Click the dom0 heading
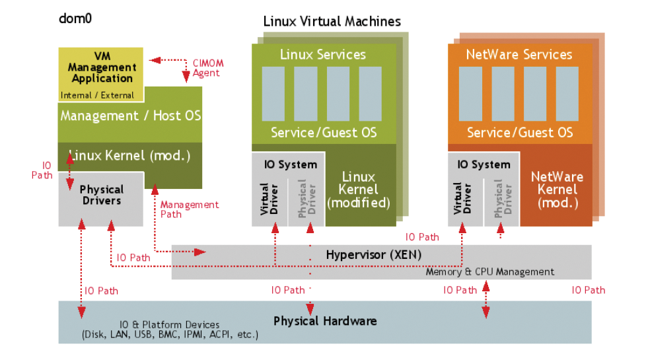pos(75,18)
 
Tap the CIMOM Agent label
pos(208,68)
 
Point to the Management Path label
pos(190,209)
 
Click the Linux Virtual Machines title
pos(332,21)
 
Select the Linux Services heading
pos(323,54)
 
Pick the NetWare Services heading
pos(519,54)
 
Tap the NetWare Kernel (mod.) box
pos(557,190)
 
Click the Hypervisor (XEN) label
pos(373,254)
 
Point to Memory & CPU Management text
pos(489,271)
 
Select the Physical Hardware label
pos(325,321)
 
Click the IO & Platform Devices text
pos(169,325)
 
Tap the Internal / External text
pos(97,95)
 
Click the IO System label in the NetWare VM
pos(484,164)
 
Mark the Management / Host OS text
pos(131,116)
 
